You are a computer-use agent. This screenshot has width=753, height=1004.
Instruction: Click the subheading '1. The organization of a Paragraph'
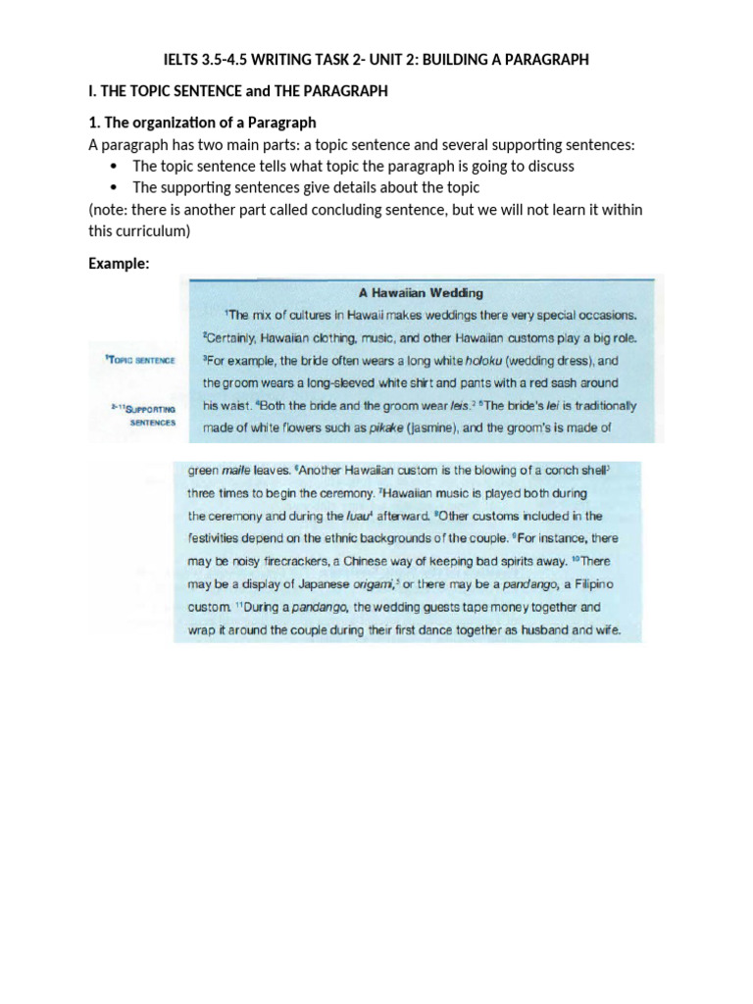[x=202, y=124]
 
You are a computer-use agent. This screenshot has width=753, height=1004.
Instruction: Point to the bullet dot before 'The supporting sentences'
[x=115, y=187]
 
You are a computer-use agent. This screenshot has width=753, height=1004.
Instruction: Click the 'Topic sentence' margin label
[x=140, y=360]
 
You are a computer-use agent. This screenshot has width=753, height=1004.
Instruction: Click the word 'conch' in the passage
[x=562, y=470]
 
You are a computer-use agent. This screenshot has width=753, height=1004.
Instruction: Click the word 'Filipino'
[x=591, y=584]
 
